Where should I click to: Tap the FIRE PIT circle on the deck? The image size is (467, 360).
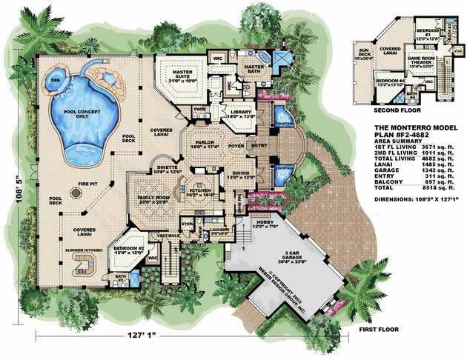(76, 193)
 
